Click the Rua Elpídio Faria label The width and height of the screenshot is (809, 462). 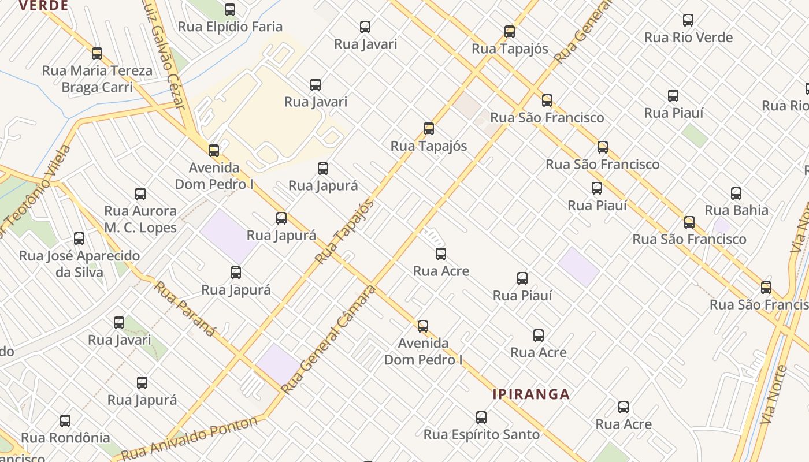click(x=230, y=27)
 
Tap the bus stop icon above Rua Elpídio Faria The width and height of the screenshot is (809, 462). click(x=230, y=10)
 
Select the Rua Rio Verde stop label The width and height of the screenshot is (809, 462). click(x=688, y=38)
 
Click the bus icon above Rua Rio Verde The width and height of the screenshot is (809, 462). click(x=688, y=20)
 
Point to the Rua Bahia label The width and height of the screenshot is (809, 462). click(x=736, y=210)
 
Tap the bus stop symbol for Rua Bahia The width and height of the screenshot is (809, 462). click(x=736, y=193)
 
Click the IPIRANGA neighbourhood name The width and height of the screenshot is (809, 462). click(x=531, y=394)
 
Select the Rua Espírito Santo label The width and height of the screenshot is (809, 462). click(x=481, y=434)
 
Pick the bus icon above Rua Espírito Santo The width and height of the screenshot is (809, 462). click(x=481, y=418)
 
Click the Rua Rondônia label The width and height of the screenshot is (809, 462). click(x=65, y=438)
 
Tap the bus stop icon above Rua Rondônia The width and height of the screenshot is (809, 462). click(x=65, y=421)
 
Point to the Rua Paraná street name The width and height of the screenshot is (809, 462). click(x=184, y=308)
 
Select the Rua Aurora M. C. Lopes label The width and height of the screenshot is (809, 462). click(x=140, y=219)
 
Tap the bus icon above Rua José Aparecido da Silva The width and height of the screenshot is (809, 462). click(x=79, y=239)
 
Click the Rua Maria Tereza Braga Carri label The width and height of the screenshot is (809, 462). click(x=97, y=79)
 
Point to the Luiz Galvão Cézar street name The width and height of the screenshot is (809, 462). click(x=170, y=55)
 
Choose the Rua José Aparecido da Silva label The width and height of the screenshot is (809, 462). click(x=79, y=264)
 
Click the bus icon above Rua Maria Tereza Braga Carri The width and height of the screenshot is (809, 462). click(x=97, y=54)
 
